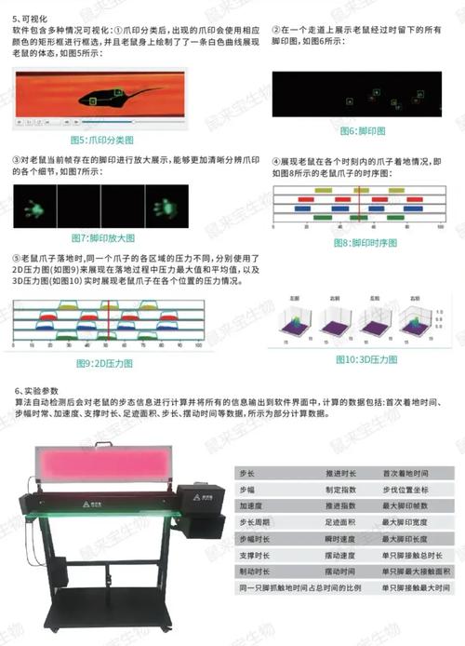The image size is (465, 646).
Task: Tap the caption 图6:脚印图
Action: tap(357, 130)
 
